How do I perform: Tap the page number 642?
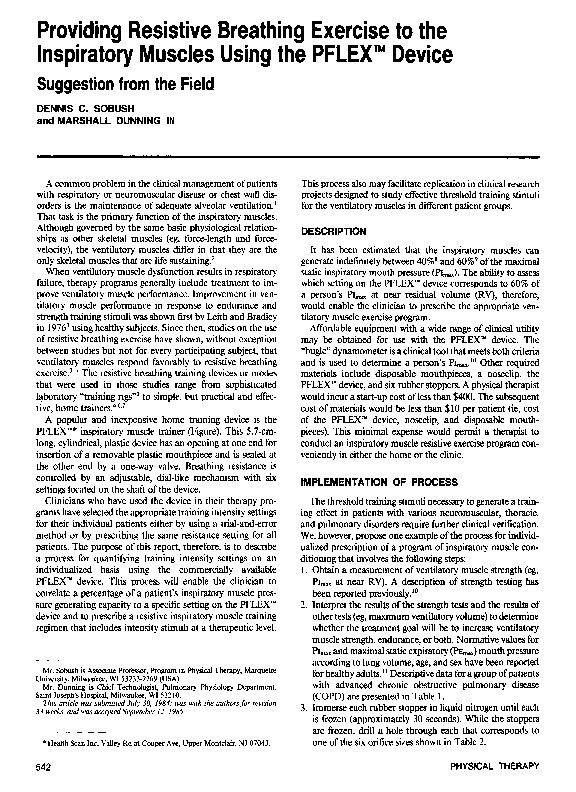(x=46, y=765)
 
